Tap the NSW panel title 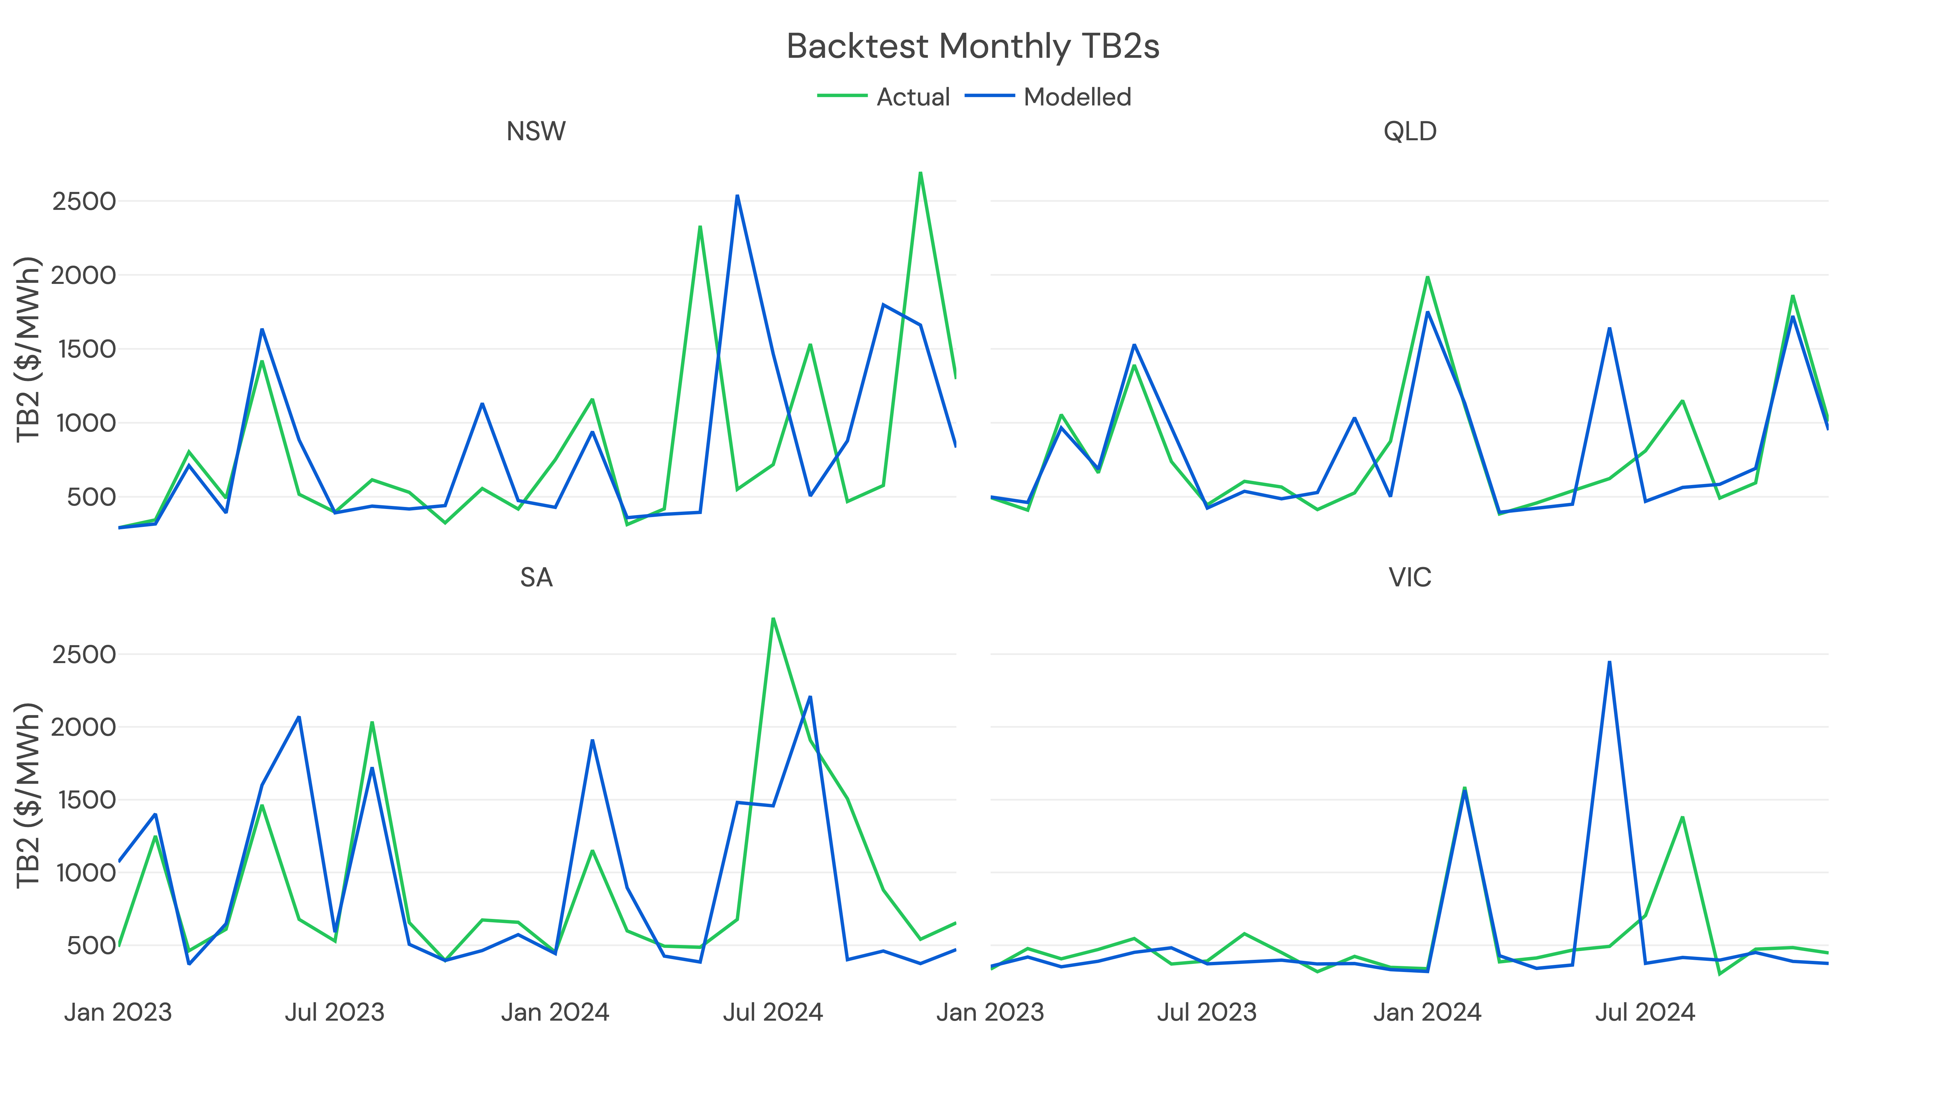tap(536, 131)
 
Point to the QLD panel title tap(1410, 131)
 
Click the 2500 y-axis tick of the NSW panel tap(84, 202)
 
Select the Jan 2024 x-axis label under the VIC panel tap(1427, 1012)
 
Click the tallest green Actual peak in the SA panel tap(772, 619)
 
